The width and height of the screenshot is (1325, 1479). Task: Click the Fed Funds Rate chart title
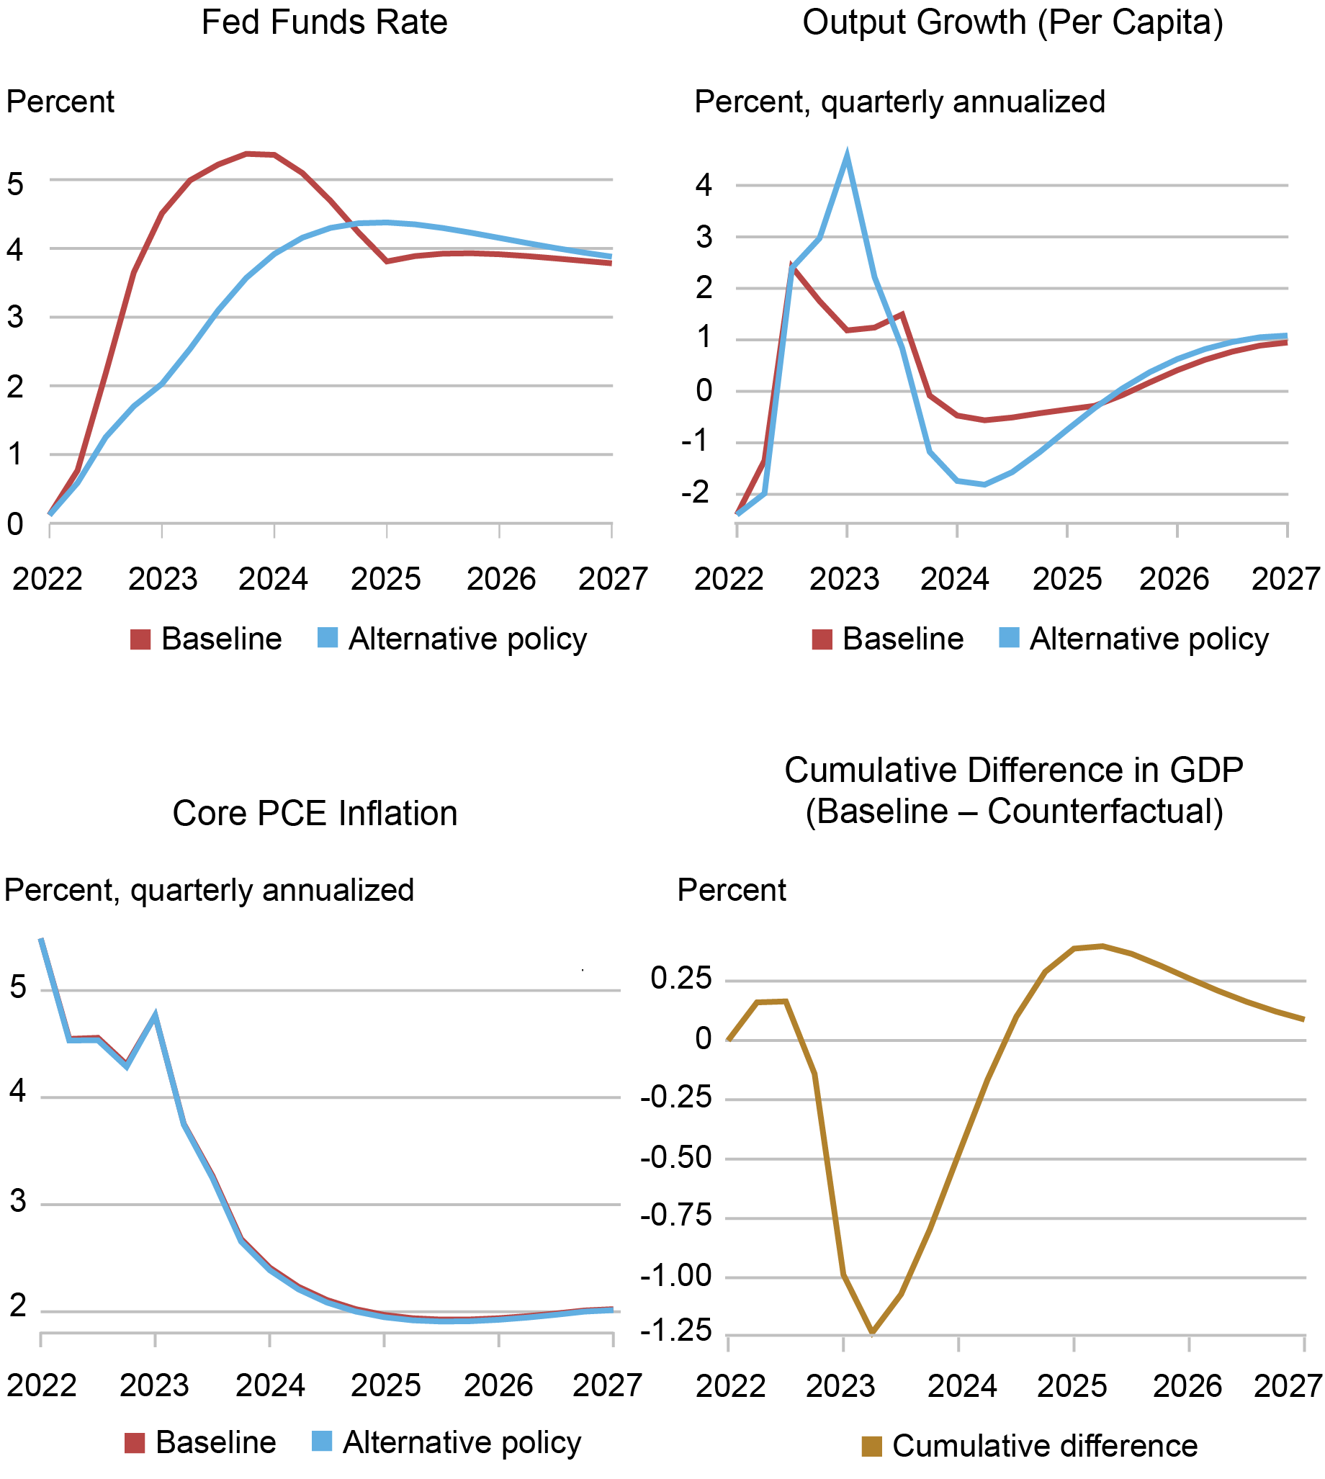point(324,22)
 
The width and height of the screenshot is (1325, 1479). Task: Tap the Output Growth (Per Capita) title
point(1012,22)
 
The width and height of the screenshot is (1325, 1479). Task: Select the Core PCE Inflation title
point(315,813)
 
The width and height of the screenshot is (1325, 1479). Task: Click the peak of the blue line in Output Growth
point(847,156)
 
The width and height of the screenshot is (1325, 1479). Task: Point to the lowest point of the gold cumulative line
point(872,1333)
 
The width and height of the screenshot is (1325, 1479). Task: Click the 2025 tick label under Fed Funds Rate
point(386,580)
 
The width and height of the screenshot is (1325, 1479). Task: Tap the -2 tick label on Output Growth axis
point(694,493)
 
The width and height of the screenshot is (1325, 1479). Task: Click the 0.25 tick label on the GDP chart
point(681,979)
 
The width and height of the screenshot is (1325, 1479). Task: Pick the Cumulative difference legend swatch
point(871,1447)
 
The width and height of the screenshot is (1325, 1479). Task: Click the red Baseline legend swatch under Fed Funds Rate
point(140,639)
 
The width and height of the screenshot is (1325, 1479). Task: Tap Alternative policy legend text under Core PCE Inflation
point(462,1442)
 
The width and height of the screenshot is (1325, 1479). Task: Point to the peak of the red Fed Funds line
point(248,153)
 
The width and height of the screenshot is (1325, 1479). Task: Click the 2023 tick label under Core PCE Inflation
point(154,1385)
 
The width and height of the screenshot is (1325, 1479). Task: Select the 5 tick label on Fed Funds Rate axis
point(15,184)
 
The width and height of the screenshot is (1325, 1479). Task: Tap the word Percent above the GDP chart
point(732,890)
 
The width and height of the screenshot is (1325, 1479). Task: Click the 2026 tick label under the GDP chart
point(1187,1386)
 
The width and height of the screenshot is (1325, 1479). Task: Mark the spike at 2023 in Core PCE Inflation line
point(155,1016)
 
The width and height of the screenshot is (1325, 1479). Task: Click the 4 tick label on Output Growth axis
point(703,186)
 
